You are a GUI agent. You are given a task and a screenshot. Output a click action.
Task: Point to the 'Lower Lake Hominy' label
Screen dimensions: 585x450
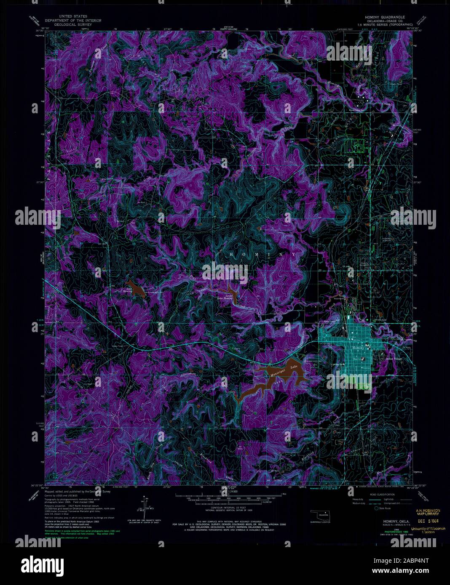(x=228, y=297)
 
